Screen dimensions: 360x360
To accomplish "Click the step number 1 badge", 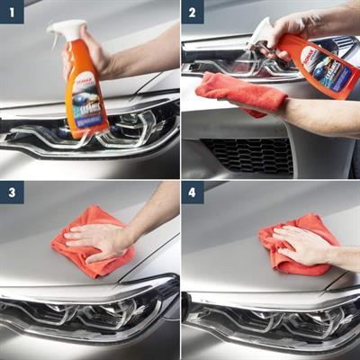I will [x=12, y=12].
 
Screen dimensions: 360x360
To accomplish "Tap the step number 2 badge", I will [x=193, y=12].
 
